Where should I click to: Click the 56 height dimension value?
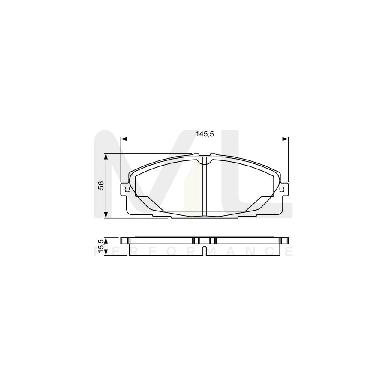(101, 185)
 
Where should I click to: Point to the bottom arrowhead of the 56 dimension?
(106, 215)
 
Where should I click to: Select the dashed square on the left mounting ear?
(127, 189)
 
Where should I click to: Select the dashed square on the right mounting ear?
(282, 189)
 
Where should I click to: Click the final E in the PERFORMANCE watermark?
(289, 251)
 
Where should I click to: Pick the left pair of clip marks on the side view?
(195, 240)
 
